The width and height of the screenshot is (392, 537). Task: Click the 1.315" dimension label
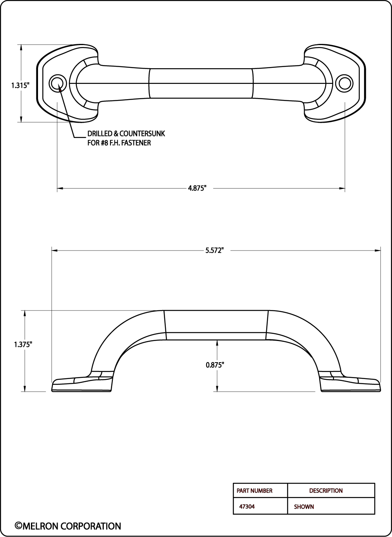coord(20,85)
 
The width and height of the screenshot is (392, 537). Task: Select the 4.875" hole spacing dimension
coord(197,188)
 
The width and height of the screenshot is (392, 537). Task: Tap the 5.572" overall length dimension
coord(214,250)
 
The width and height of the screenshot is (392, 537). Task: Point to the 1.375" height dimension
coord(23,345)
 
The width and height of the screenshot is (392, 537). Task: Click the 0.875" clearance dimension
coord(215,365)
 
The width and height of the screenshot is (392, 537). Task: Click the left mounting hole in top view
coord(58,83)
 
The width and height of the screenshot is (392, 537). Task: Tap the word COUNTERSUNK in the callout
coord(142,134)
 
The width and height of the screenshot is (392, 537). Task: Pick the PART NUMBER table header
coord(254,491)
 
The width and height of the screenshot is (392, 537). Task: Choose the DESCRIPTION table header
coord(326,491)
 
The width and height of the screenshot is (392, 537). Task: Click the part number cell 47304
coord(247,506)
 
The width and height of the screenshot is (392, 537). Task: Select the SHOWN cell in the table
coord(304,507)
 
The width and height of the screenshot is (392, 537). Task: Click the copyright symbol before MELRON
coord(18,526)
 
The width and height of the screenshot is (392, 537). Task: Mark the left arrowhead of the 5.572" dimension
coord(54,251)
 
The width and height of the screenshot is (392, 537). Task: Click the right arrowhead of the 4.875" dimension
coord(342,189)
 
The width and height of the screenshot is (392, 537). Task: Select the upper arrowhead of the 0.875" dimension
coord(217,343)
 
